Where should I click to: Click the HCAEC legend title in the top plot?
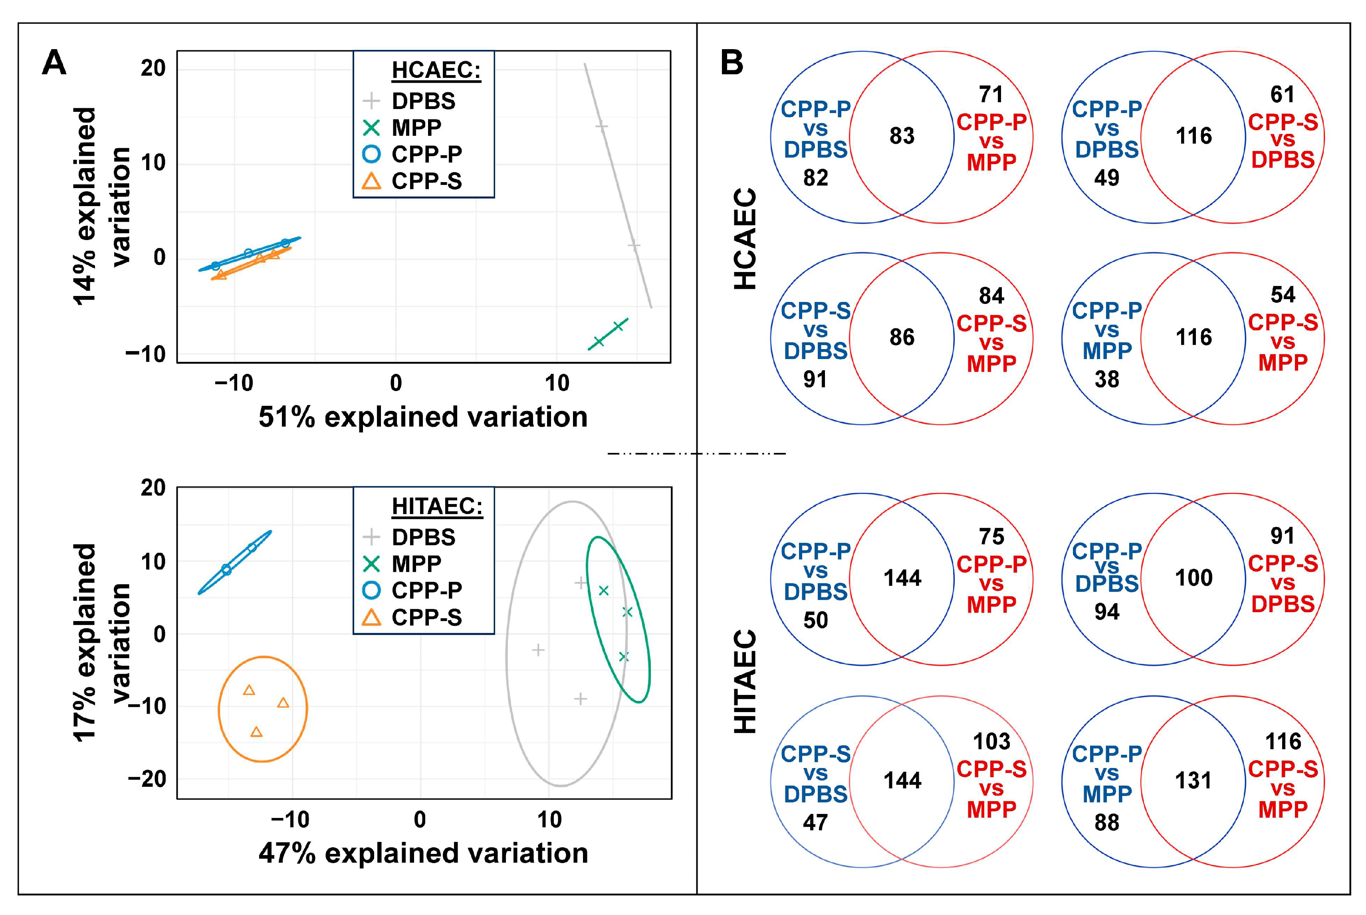point(436,70)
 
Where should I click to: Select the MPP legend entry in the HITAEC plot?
point(416,564)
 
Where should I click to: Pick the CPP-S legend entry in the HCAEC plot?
point(426,181)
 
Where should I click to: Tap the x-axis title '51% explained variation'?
point(423,417)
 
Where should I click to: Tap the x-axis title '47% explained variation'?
point(423,853)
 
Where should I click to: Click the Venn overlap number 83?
point(902,136)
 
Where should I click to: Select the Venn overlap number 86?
point(902,337)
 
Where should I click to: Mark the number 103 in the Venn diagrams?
point(991,742)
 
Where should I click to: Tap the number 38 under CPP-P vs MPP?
point(1106,380)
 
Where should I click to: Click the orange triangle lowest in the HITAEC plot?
point(256,732)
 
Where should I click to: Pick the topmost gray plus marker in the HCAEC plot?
point(601,126)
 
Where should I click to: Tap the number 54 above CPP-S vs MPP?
point(1283,295)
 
